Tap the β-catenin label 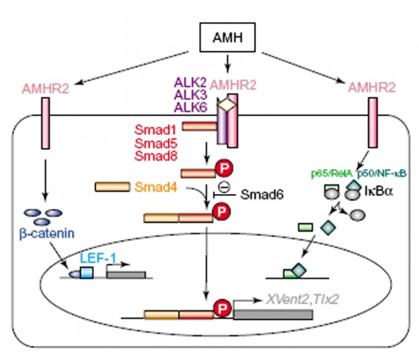pos(45,236)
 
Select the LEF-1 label pos(94,258)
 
